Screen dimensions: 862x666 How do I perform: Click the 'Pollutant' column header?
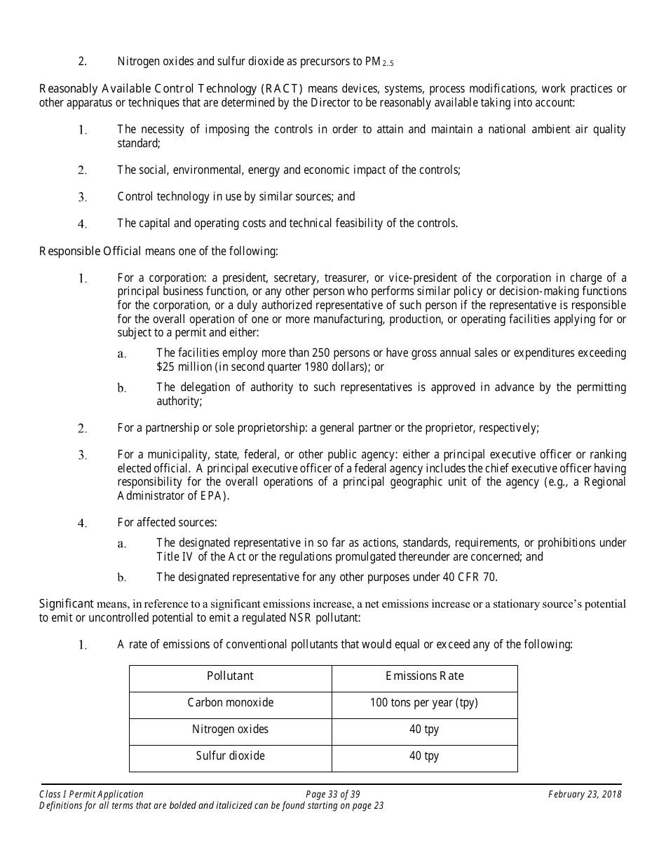[x=230, y=676]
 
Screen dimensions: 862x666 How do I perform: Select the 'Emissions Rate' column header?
[x=424, y=676]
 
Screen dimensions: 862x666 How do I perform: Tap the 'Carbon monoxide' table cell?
[x=230, y=703]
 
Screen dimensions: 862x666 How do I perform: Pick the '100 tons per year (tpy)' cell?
[x=424, y=703]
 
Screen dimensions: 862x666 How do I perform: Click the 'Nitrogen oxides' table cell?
[x=230, y=730]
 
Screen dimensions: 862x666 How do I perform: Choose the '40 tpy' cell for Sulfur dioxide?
[x=424, y=756]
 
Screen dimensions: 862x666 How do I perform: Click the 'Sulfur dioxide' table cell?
[x=230, y=756]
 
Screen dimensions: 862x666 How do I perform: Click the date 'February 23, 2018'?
[x=585, y=795]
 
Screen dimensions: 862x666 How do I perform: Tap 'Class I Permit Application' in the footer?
[x=91, y=795]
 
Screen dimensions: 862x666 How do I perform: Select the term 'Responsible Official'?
[x=90, y=251]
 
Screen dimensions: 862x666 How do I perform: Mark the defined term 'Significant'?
[x=66, y=603]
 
